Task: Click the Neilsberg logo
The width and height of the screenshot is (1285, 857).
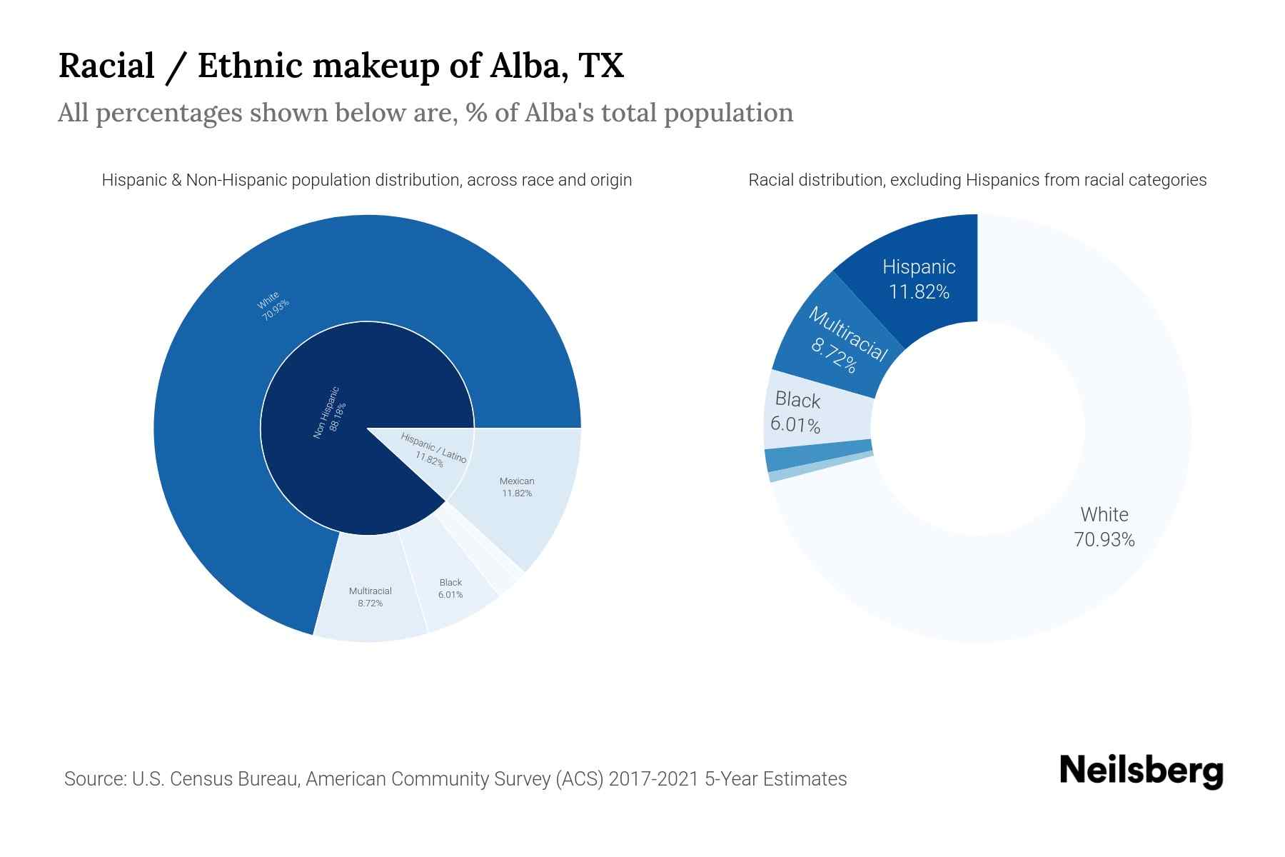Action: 1141,771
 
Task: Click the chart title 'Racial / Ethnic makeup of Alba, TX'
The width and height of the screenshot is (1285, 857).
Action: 341,66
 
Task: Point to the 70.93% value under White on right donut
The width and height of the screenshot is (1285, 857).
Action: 1104,540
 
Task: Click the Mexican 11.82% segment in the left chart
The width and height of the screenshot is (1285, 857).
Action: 517,487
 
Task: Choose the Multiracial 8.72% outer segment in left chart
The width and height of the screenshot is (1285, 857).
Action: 370,597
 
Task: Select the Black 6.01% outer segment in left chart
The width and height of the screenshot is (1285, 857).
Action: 450,588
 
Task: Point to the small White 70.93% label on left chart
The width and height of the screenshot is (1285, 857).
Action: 273,306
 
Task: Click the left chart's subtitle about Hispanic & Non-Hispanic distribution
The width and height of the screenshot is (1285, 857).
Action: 367,180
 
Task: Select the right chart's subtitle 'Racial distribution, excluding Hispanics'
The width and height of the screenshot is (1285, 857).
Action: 977,180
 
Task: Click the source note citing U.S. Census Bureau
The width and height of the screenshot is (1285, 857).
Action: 455,778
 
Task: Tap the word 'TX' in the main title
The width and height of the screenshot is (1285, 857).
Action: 601,66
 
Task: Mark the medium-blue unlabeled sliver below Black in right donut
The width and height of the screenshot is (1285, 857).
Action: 818,458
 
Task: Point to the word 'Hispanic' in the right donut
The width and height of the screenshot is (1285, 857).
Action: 919,267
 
